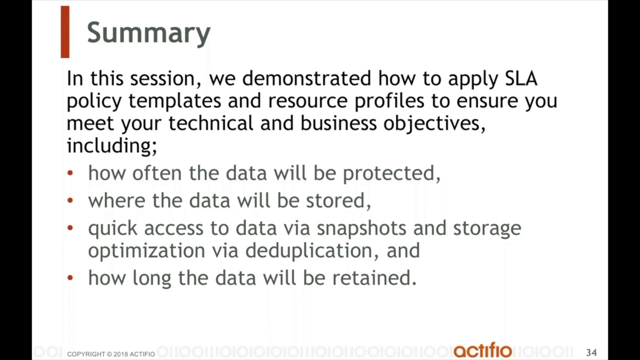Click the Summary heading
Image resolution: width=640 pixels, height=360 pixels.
click(x=148, y=33)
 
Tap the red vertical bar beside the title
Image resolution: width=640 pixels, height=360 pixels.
click(x=65, y=32)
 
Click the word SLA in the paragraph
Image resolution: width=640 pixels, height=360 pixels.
click(x=521, y=78)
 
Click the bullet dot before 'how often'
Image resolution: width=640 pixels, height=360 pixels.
click(x=70, y=173)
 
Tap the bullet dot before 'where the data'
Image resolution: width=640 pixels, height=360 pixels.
click(x=70, y=201)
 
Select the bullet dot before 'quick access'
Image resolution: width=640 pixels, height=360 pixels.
click(x=70, y=228)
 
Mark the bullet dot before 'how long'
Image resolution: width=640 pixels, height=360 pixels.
click(x=70, y=278)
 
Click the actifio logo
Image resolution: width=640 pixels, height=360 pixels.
click(x=482, y=350)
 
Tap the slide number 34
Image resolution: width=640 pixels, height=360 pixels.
click(x=591, y=353)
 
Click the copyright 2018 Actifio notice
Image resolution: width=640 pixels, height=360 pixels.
click(x=111, y=354)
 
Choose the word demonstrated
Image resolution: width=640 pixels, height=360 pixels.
click(x=306, y=78)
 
